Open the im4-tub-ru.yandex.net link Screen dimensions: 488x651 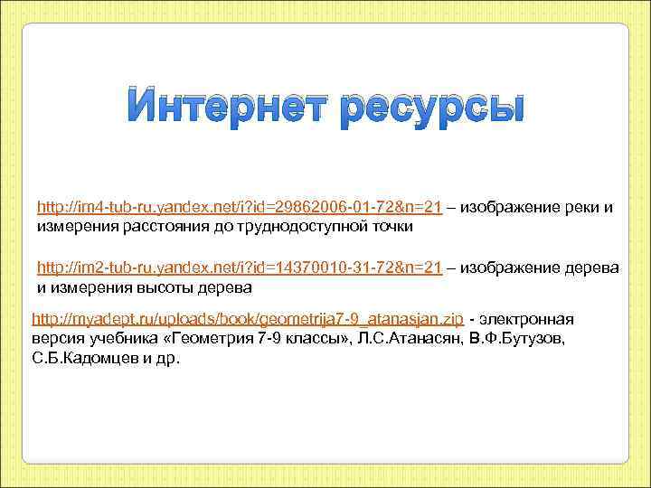click(x=239, y=208)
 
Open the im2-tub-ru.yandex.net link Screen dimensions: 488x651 click(x=239, y=268)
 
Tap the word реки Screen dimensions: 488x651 click(x=572, y=208)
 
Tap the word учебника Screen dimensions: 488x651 click(x=112, y=339)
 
